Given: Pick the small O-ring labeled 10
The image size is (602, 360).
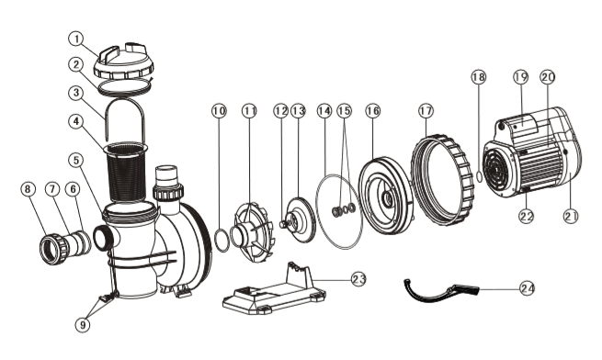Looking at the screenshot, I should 221,243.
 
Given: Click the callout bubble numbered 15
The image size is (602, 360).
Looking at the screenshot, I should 345,110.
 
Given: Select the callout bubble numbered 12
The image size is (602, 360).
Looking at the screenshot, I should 280,111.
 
